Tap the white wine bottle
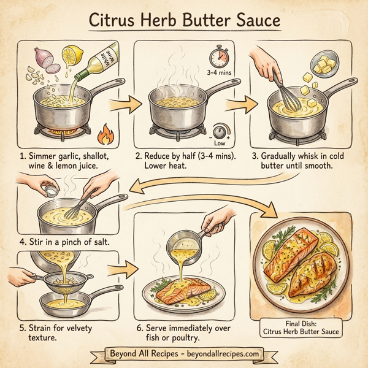click(x=101, y=64)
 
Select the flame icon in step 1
click(x=104, y=131)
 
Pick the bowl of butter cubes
click(x=326, y=65)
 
